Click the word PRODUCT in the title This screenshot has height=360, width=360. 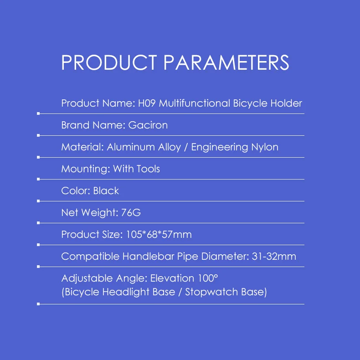[x=109, y=62]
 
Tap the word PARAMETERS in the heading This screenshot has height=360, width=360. [x=226, y=62]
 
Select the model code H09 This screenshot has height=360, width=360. [x=147, y=103]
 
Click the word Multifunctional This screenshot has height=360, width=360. [x=194, y=103]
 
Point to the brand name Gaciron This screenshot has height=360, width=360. [x=148, y=125]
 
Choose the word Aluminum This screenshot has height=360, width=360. [x=131, y=147]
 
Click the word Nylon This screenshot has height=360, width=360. [x=265, y=147]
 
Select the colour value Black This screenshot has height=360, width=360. [x=106, y=191]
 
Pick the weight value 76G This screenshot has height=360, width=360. [x=131, y=213]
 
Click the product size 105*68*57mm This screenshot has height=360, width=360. [x=159, y=234]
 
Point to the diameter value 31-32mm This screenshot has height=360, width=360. [x=274, y=257]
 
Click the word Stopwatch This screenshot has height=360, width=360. [x=212, y=292]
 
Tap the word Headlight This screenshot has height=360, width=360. [x=126, y=292]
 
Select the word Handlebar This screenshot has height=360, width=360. [x=148, y=256]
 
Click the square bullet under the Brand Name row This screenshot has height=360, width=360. [x=38, y=135]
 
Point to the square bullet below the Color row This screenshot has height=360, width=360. [x=38, y=201]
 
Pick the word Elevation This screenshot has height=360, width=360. [x=172, y=278]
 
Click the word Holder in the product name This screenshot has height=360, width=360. [x=286, y=103]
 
